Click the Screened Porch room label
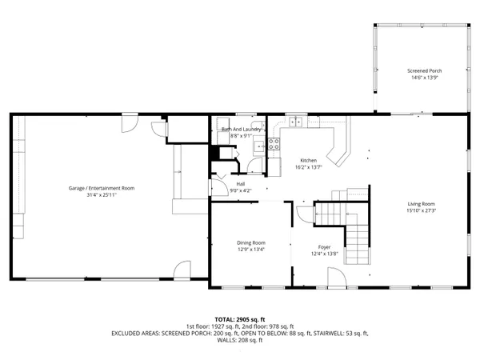point(424,70)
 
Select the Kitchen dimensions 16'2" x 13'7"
point(308,167)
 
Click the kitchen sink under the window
point(296,122)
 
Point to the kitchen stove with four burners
point(274,145)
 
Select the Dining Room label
point(250,242)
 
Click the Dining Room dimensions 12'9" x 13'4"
point(250,250)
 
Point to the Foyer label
point(324,247)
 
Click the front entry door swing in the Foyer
point(336,278)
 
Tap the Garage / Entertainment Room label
point(101,188)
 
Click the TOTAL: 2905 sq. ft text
point(240,319)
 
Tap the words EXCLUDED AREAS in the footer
point(139,333)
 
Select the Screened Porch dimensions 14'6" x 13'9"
point(424,78)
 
